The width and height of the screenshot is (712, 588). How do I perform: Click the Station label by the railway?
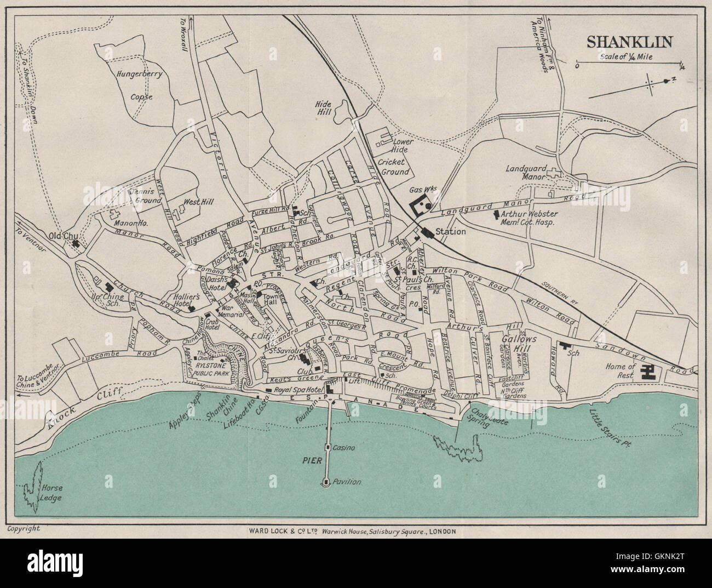[451, 232]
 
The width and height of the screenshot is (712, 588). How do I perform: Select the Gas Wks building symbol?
[421, 206]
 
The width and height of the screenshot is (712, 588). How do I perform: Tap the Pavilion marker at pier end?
[326, 482]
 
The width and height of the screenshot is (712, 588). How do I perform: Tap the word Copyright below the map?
[24, 529]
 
